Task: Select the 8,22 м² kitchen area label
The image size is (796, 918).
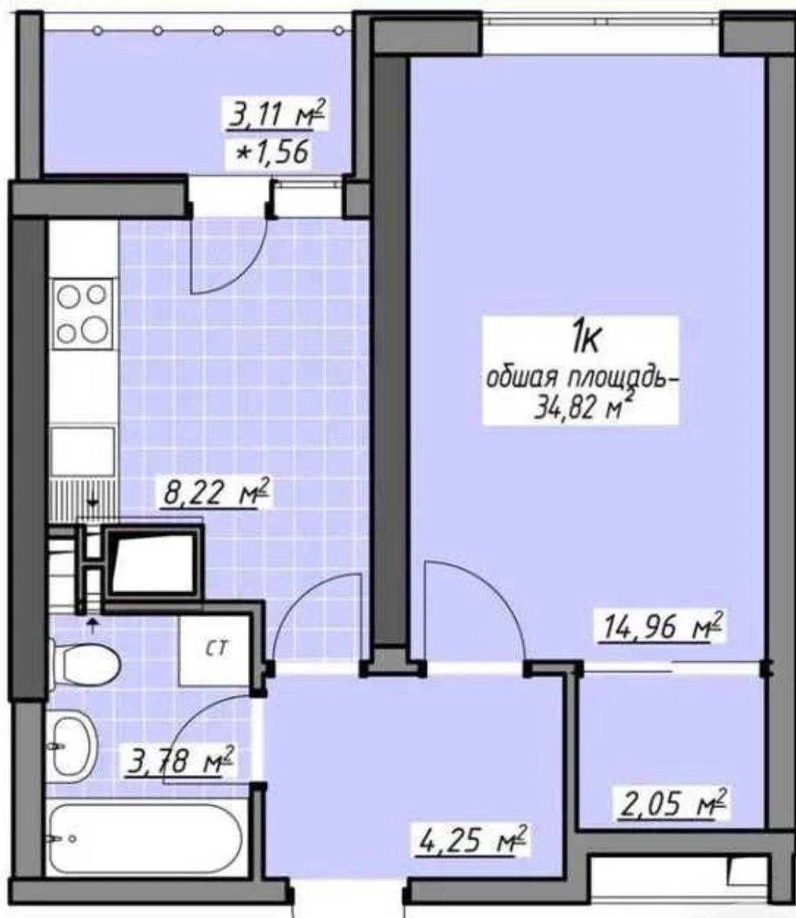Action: coord(215,492)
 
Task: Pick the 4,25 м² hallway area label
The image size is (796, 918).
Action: coord(473,839)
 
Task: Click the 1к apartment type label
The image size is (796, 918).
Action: coord(586,339)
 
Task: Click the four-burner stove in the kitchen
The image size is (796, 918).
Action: coord(82,314)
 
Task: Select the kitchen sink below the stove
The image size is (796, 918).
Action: coord(82,452)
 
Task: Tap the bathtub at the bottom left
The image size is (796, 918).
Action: coord(144,839)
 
